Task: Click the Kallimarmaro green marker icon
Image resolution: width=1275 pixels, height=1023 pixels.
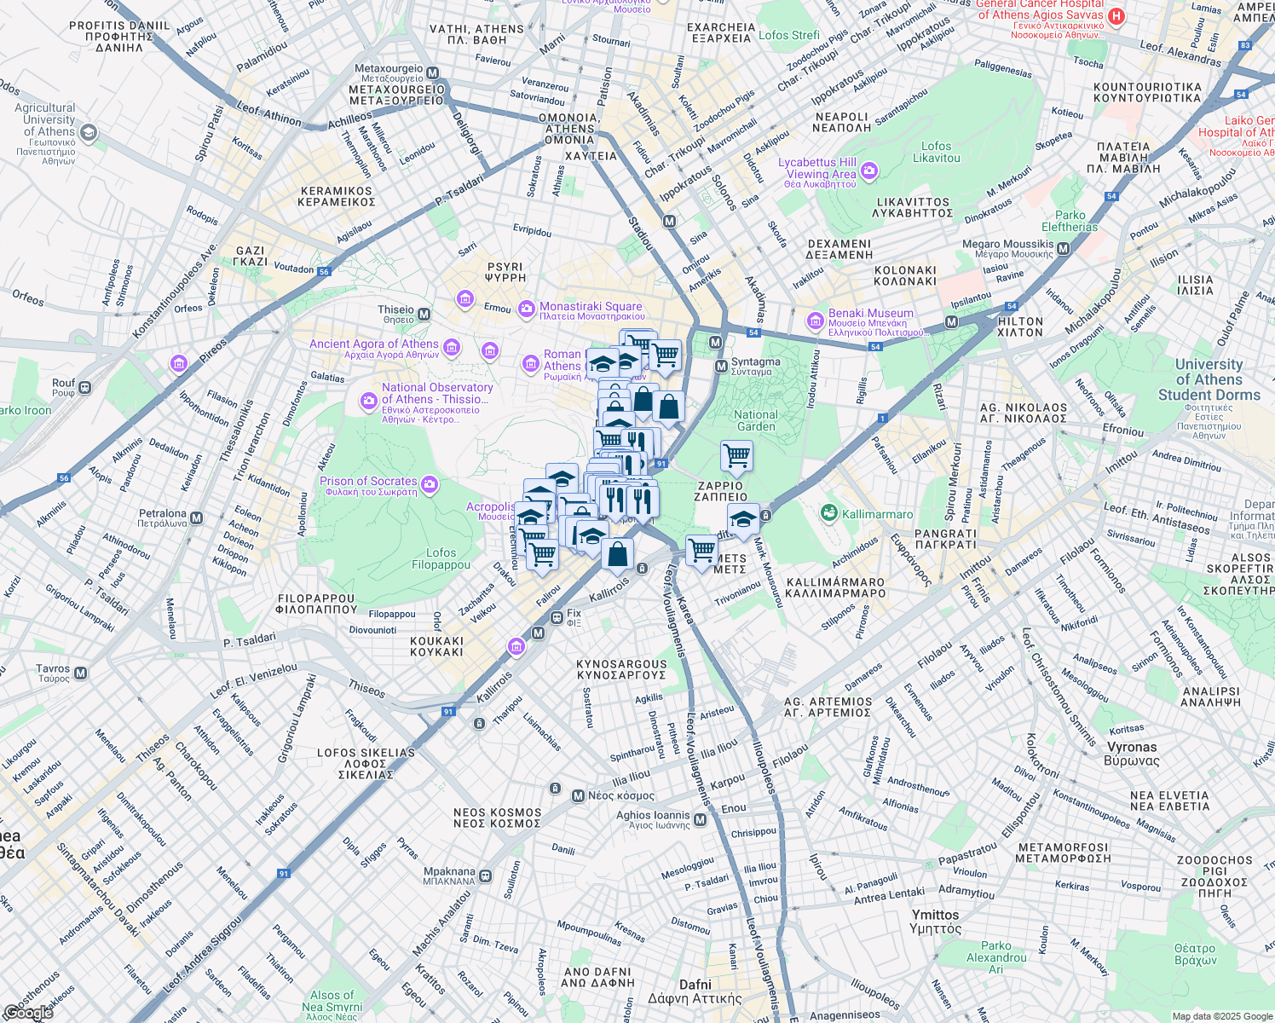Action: (x=828, y=513)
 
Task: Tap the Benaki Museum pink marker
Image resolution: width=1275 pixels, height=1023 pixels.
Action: (x=815, y=321)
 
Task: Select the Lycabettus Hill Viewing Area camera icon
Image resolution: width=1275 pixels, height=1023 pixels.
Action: (x=868, y=171)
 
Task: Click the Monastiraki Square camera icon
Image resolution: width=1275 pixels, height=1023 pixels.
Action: (x=527, y=307)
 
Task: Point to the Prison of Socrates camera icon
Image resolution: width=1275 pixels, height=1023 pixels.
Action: (x=430, y=485)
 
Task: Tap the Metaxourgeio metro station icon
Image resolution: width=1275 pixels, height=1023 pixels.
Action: (x=433, y=73)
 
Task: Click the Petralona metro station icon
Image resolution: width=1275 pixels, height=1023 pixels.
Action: (x=197, y=518)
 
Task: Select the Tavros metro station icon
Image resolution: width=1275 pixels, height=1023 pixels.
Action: (x=81, y=673)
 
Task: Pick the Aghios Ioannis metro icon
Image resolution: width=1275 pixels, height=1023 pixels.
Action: (x=700, y=820)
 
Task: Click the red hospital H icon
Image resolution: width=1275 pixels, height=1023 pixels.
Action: (x=1116, y=16)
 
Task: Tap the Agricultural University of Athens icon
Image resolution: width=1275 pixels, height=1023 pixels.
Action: (x=89, y=132)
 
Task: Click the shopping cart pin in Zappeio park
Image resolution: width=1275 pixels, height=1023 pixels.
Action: (x=736, y=455)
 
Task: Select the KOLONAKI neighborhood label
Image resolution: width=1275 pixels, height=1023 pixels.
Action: (x=905, y=275)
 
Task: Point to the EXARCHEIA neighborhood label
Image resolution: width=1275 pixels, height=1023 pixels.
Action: (x=721, y=32)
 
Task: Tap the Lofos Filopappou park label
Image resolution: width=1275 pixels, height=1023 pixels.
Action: (x=441, y=558)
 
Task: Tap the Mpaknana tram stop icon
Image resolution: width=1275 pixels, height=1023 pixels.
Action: (x=485, y=876)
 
